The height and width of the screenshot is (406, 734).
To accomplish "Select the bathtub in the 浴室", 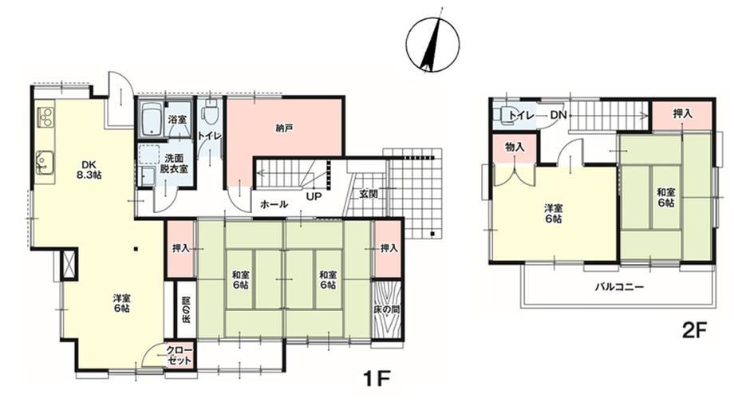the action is pyautogui.click(x=151, y=119).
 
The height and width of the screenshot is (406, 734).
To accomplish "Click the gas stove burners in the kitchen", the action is pyautogui.click(x=46, y=117).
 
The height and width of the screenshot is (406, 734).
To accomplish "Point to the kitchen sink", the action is pyautogui.click(x=44, y=162).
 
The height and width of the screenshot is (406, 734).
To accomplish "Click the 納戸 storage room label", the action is pyautogui.click(x=284, y=128).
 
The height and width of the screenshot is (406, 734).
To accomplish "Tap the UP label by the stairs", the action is pyautogui.click(x=314, y=196).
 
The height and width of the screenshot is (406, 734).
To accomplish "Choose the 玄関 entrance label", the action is pyautogui.click(x=369, y=194).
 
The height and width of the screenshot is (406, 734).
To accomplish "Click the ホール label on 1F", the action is pyautogui.click(x=274, y=204).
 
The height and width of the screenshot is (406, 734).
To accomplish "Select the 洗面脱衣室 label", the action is pyautogui.click(x=174, y=164).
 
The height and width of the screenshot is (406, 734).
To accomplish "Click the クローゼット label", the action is pyautogui.click(x=180, y=356).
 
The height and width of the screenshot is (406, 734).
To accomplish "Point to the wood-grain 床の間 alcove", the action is pyautogui.click(x=387, y=309).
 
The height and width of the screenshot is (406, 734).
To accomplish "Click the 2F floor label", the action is pyautogui.click(x=694, y=331).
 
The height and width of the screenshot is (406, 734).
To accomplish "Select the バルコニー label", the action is pyautogui.click(x=619, y=286).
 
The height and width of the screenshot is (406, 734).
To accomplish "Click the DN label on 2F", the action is pyautogui.click(x=558, y=115).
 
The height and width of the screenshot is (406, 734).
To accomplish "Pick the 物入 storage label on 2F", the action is pyautogui.click(x=515, y=148).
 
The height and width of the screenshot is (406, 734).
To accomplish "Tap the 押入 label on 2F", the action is pyautogui.click(x=682, y=113).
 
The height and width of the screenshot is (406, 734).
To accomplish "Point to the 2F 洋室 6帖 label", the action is pyautogui.click(x=553, y=213).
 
